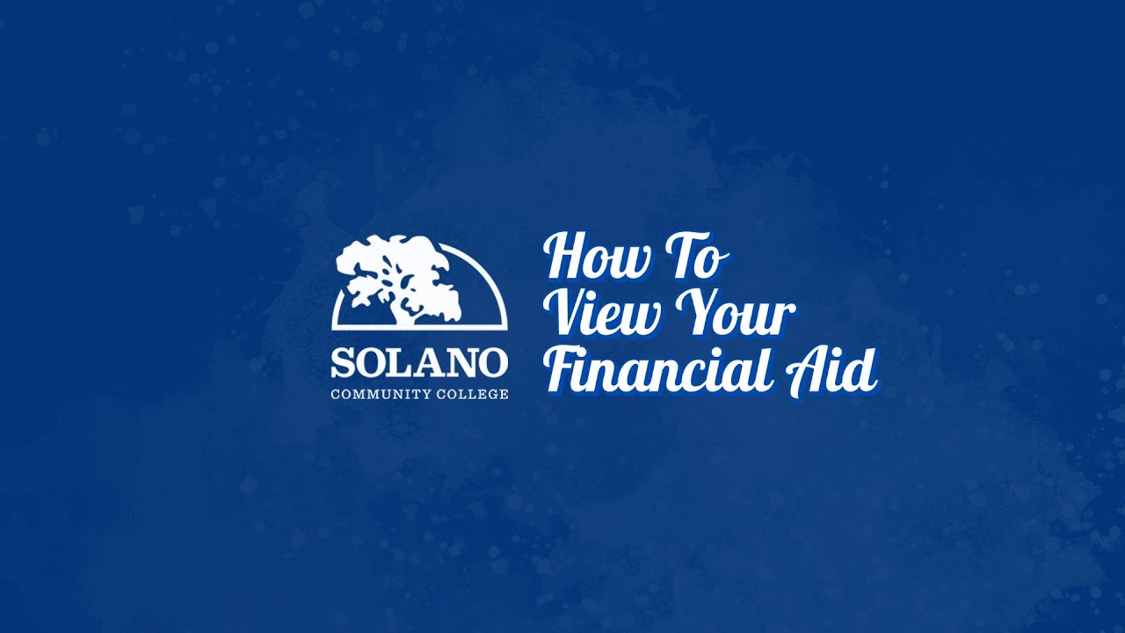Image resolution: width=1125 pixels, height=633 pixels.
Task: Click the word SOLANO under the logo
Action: tap(419, 363)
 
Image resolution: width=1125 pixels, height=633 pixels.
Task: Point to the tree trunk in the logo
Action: tap(406, 308)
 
